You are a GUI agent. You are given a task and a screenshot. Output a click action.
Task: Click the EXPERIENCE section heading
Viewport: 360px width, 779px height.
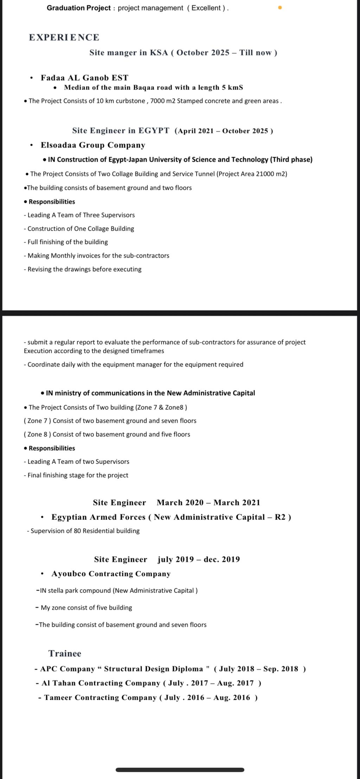[64, 37]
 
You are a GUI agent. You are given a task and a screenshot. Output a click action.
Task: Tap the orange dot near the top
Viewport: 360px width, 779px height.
[280, 7]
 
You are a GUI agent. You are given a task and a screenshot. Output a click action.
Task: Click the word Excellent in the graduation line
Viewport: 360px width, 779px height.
[206, 8]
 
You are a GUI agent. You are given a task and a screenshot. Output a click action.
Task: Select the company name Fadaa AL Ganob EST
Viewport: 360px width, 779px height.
[84, 78]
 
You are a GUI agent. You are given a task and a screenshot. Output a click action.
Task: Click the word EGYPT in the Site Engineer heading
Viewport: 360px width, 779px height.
[154, 131]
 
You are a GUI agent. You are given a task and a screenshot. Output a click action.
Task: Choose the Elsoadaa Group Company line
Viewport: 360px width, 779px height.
[93, 145]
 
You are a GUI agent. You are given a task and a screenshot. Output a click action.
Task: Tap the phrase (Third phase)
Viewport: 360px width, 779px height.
[291, 160]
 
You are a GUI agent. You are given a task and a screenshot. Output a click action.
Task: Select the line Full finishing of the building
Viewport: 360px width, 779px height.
[66, 242]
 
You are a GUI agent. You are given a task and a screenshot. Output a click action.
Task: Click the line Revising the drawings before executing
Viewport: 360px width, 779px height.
[83, 269]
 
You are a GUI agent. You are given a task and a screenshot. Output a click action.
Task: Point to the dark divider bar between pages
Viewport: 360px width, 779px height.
[180, 313]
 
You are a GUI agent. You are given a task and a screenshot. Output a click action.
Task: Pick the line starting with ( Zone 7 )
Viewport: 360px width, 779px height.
[110, 421]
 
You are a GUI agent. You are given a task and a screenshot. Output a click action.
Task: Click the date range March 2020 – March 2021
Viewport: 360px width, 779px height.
[208, 503]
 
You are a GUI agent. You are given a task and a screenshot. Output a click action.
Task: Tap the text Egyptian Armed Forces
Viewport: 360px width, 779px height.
[98, 517]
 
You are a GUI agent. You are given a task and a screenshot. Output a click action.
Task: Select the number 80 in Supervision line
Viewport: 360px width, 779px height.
[77, 531]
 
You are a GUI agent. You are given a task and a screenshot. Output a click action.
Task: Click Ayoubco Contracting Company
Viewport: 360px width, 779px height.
[111, 574]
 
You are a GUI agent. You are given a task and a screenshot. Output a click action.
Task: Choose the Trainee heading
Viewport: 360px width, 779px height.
[65, 654]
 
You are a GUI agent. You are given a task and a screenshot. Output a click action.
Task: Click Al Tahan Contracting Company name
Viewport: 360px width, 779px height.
[101, 683]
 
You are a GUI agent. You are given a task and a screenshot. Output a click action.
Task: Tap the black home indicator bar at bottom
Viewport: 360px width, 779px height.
[180, 770]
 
